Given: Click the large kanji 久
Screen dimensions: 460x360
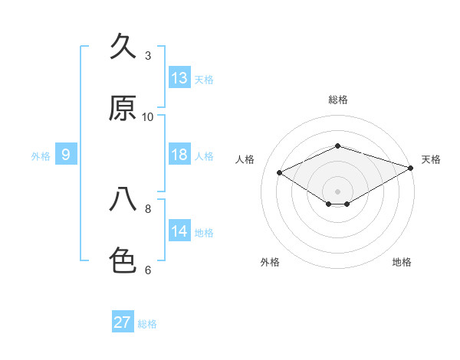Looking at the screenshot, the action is tap(123, 46).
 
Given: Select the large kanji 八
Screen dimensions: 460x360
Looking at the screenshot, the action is tap(123, 199).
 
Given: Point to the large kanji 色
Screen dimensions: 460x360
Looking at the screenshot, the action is tap(123, 260).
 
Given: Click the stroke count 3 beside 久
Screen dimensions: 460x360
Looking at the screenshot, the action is tap(148, 55).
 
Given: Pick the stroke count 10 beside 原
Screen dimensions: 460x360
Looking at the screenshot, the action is tap(147, 117).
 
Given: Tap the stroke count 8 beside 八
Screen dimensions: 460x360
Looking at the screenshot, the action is tap(148, 209).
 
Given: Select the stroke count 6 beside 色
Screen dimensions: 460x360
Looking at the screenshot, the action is tap(148, 270).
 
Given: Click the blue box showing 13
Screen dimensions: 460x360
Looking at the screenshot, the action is tap(179, 77).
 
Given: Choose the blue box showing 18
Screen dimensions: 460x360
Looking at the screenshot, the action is tap(179, 154).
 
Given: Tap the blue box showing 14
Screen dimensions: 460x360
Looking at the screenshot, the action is tap(179, 230).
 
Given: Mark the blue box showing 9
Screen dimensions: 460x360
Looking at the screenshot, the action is tap(66, 154).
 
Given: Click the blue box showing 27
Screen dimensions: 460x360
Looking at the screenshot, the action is tap(123, 321).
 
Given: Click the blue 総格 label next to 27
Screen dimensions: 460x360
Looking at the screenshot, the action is tap(147, 324).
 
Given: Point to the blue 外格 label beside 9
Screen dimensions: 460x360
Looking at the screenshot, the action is tap(41, 156).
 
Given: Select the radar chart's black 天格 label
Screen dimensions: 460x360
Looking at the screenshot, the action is tap(431, 159).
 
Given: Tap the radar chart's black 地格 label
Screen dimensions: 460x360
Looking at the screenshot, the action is tap(402, 262).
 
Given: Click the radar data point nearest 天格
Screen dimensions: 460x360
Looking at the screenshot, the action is tap(411, 168).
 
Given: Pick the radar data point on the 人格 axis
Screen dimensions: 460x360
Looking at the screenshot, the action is tap(280, 172).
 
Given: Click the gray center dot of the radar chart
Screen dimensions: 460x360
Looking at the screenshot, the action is tap(337, 191).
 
